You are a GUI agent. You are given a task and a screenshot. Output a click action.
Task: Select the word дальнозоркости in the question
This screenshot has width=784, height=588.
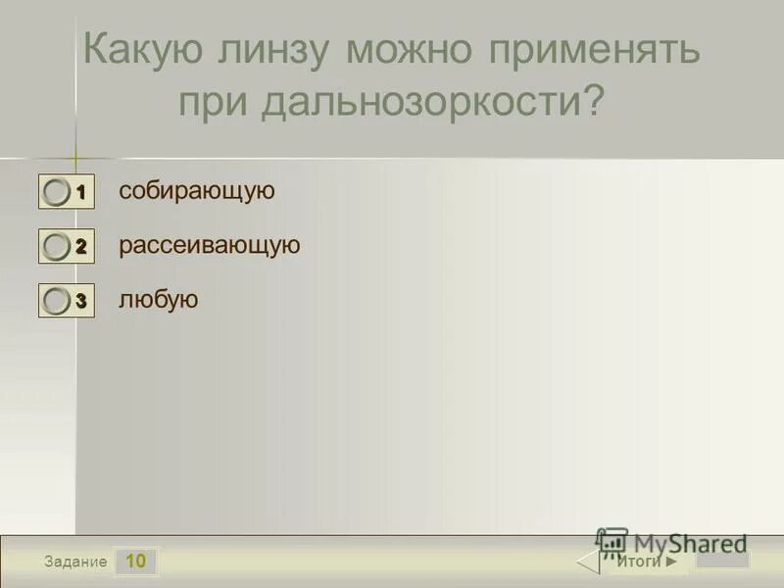[419, 102]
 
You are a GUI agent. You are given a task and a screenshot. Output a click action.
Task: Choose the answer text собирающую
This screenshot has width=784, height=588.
[197, 191]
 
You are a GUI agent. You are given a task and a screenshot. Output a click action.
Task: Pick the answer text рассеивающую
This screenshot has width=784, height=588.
[210, 245]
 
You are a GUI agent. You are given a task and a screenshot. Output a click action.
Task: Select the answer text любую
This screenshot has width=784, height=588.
[159, 300]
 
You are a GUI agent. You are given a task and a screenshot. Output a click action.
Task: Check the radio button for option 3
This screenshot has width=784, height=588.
[57, 302]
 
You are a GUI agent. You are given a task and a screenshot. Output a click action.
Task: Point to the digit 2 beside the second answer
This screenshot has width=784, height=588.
[81, 248]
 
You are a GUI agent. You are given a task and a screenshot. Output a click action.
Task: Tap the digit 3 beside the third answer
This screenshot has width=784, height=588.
[81, 302]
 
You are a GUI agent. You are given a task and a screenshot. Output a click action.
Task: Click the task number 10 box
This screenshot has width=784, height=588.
[136, 562]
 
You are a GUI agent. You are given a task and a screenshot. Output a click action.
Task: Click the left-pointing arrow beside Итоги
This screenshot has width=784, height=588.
[587, 562]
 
